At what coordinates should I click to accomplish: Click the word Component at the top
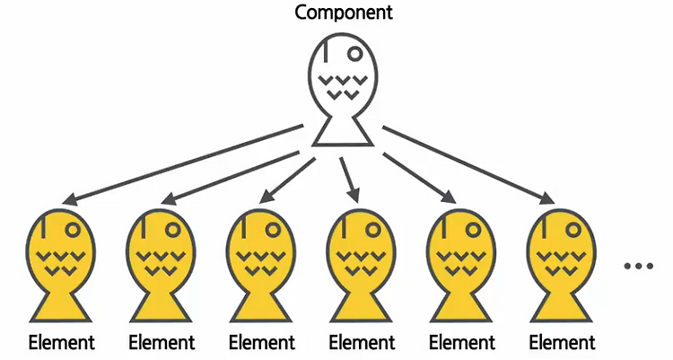point(336,13)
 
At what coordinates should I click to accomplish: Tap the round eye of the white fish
point(355,54)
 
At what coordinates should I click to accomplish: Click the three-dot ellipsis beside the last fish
point(638,267)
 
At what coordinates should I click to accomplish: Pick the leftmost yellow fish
point(61,265)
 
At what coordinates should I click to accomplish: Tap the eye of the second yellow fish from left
point(174,229)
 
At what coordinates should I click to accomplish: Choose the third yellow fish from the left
point(261,265)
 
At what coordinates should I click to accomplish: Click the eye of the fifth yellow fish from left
point(476,229)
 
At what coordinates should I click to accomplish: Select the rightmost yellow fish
point(561,265)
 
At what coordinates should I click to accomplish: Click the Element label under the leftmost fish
point(61,342)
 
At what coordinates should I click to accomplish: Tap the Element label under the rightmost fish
point(561,342)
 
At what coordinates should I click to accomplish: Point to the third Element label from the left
point(261,342)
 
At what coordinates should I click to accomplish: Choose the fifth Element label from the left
point(461,342)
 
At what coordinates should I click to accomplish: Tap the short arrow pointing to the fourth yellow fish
point(349,180)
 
